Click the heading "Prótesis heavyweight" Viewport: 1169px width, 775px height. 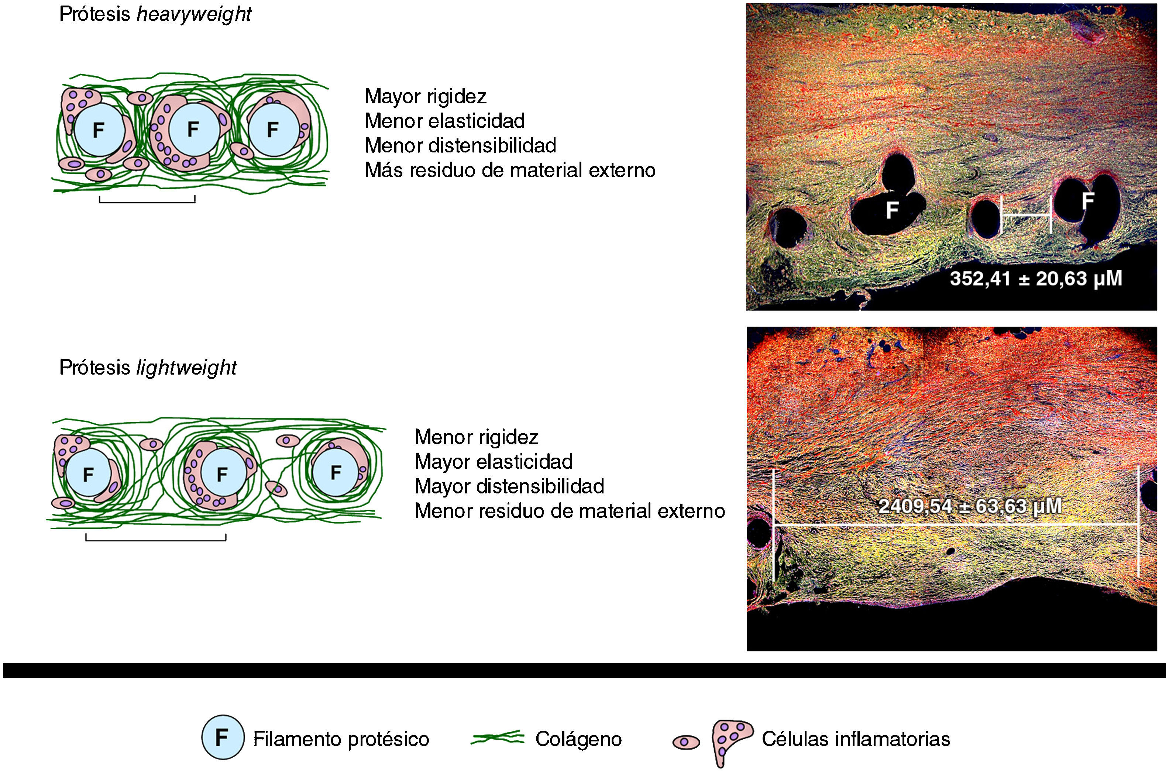point(155,14)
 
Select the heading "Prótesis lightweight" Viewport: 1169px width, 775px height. point(148,367)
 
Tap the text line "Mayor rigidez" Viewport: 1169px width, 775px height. point(426,96)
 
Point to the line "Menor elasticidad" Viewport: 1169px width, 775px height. point(444,121)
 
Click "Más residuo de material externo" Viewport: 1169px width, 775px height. point(510,170)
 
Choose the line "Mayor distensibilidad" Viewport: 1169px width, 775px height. point(509,486)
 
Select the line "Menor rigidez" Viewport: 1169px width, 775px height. point(476,437)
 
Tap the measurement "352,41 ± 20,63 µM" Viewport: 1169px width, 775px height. point(1035,279)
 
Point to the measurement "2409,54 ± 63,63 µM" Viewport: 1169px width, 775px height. point(970,506)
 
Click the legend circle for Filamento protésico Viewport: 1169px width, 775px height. point(223,737)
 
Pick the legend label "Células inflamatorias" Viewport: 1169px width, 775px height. point(856,739)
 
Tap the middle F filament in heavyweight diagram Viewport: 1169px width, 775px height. point(193,130)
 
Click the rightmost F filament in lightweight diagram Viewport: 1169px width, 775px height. point(336,472)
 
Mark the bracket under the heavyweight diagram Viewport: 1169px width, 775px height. point(147,200)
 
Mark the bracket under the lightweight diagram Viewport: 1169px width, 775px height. point(156,538)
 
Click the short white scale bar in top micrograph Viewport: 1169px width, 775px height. point(1026,215)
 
